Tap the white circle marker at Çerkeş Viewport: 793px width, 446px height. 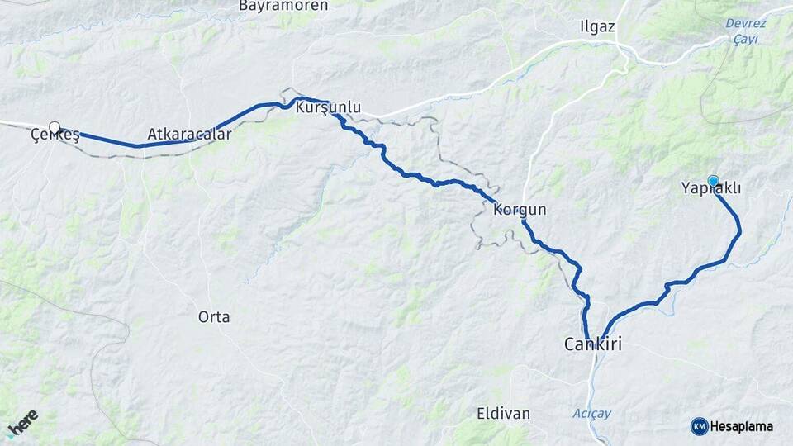click(55, 127)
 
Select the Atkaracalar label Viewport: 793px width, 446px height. click(189, 133)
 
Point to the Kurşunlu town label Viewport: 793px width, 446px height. click(328, 107)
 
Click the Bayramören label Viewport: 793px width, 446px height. click(283, 6)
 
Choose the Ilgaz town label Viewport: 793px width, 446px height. click(598, 26)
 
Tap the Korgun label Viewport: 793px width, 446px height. click(520, 210)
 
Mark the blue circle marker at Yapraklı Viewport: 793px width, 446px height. click(713, 180)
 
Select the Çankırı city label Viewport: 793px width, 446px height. click(592, 344)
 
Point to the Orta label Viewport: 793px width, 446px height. click(214, 316)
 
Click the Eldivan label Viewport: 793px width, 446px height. click(503, 412)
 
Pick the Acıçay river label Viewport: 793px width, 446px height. click(592, 412)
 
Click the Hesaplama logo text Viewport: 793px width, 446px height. click(741, 426)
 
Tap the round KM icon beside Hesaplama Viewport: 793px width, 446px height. click(699, 426)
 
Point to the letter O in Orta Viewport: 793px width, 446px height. click(203, 316)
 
